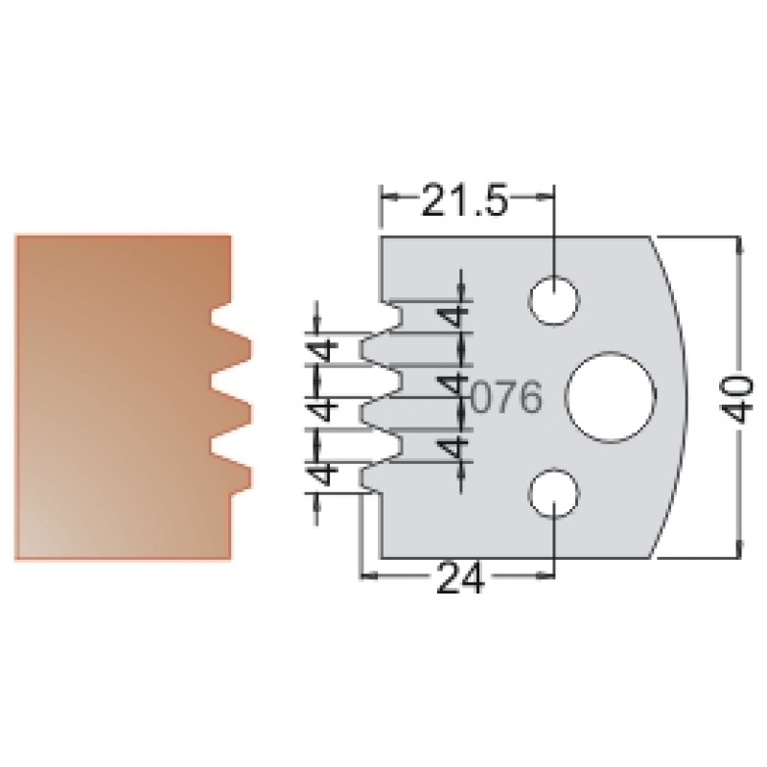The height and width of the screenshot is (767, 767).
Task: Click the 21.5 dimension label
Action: click(x=464, y=199)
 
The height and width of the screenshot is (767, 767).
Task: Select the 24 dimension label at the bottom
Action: click(x=460, y=577)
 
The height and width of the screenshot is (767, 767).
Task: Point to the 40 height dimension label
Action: click(x=737, y=398)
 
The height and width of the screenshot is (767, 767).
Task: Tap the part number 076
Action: click(x=507, y=397)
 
